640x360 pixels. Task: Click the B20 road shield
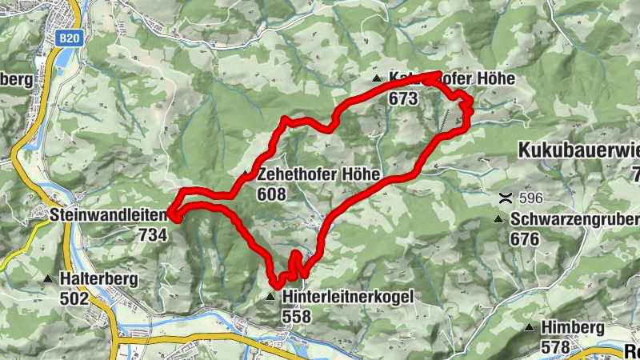[70, 37]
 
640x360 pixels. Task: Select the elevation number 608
[272, 194]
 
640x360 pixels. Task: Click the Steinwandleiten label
[109, 216]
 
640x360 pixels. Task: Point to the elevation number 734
[152, 234]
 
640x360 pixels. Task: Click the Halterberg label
[98, 279]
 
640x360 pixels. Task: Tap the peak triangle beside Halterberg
[48, 280]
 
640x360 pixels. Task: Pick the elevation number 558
[296, 315]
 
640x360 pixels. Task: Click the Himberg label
[573, 328]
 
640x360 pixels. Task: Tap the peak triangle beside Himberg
[529, 328]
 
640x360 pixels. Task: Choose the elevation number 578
[555, 346]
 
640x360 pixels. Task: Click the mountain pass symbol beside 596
[505, 198]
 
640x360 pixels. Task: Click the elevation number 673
[404, 98]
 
